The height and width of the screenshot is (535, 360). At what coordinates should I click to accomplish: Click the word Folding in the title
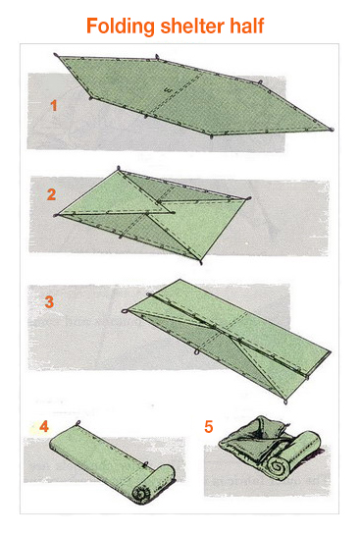[121, 27]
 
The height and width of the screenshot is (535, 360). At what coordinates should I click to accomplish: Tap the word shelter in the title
[192, 26]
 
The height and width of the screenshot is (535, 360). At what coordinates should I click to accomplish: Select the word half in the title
[247, 26]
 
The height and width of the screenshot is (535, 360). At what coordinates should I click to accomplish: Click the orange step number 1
[54, 106]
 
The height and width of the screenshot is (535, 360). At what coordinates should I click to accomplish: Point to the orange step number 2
[51, 194]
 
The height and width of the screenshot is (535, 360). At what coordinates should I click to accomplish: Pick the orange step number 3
[49, 302]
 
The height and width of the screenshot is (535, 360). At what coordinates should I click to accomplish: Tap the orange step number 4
[44, 426]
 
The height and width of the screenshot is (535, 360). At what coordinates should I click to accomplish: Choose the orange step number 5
[209, 427]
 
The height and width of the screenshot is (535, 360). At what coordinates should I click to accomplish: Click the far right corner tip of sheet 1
[333, 130]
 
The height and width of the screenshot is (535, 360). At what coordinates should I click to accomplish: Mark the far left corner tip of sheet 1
[56, 55]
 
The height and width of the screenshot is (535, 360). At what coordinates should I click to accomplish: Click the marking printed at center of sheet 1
[168, 90]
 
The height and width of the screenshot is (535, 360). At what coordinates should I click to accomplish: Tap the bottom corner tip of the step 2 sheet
[201, 263]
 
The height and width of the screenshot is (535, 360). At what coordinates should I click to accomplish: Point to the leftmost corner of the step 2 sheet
[56, 215]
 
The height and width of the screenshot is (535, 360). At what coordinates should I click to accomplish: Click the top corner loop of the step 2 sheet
[119, 168]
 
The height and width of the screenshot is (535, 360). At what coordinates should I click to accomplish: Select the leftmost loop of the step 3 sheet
[125, 311]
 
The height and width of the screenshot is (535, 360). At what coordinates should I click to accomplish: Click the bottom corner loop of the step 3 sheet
[285, 401]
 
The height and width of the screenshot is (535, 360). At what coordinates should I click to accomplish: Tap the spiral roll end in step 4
[141, 494]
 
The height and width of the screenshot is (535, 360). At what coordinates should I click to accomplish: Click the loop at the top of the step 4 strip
[77, 423]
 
